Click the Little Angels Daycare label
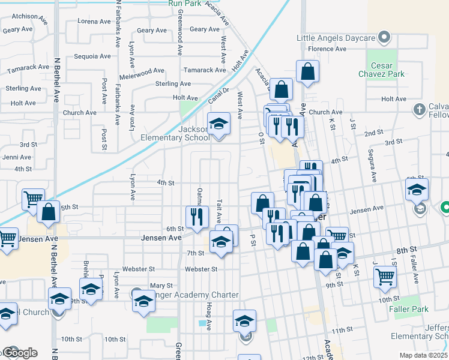[336, 38]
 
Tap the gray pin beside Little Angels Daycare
[386, 38]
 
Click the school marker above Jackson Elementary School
[218, 124]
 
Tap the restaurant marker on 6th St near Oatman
[197, 217]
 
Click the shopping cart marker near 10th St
[385, 277]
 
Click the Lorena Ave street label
[95, 21]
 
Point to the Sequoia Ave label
[92, 56]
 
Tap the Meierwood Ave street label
[142, 70]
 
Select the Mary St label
[161, 286]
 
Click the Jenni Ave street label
[17, 157]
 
